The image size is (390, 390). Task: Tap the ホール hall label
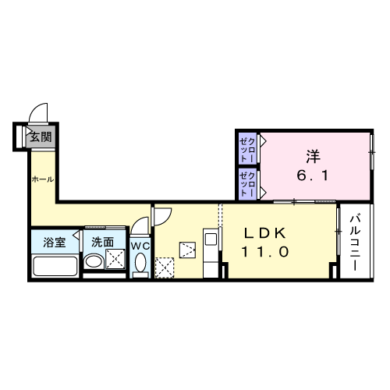pos(41,179)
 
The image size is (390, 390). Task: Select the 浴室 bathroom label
pos(55,243)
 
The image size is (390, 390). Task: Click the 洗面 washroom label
pos(103,243)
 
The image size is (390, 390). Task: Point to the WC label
pos(140,245)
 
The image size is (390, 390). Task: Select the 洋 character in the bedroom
pos(313,156)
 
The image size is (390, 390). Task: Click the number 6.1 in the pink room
pos(312,176)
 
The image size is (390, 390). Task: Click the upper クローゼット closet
pos(248,147)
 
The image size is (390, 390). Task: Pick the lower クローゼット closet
pos(248,184)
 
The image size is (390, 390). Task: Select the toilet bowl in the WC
pos(140,265)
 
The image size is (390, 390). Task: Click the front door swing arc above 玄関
pos(39,114)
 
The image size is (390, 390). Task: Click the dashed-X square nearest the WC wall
pos(165,267)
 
